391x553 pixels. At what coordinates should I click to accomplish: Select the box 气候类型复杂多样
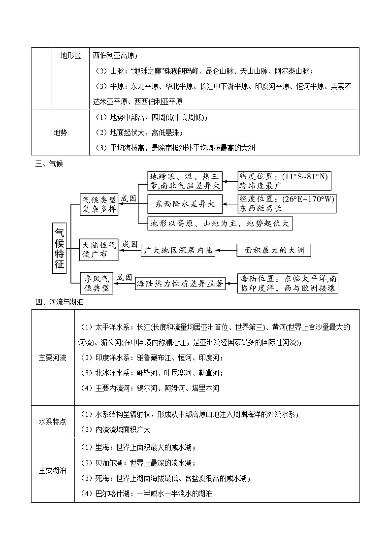coord(99,204)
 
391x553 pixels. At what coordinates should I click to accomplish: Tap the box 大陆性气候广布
coord(99,250)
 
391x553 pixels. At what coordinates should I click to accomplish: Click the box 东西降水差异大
coord(185,203)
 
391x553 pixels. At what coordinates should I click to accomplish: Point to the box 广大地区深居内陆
coord(178,250)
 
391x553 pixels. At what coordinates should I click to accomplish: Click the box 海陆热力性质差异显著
coord(180,284)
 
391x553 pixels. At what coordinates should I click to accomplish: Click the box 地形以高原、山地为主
coord(221,224)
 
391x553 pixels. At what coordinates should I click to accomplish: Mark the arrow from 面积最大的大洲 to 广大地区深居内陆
coord(226,250)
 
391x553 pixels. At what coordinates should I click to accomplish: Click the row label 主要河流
coord(53,358)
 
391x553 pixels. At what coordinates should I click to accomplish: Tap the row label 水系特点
coord(53,422)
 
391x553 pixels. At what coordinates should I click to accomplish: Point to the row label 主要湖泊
coord(53,470)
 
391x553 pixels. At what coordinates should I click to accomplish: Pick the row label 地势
coord(60,132)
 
